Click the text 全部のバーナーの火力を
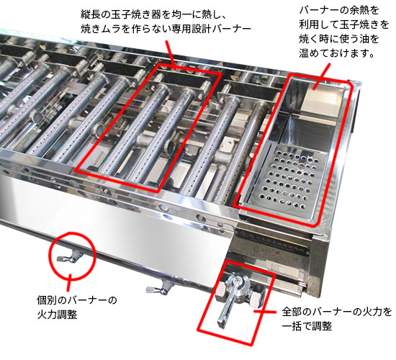337,312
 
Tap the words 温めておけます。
338,53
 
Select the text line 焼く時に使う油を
338,39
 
